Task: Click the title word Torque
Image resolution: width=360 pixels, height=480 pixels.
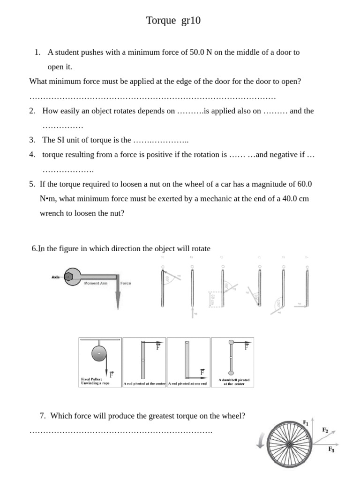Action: [x=161, y=21]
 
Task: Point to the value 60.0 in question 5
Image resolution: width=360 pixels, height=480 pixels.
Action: [x=302, y=184]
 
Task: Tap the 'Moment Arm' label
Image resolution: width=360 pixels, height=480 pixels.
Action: [x=96, y=284]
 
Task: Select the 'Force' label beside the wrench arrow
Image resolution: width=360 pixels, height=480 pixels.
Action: [x=126, y=284]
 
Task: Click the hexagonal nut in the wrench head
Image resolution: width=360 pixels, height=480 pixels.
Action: [x=69, y=277]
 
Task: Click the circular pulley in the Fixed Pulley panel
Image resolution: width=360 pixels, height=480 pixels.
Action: [x=99, y=353]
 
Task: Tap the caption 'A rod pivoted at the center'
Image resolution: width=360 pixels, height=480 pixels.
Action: [x=144, y=384]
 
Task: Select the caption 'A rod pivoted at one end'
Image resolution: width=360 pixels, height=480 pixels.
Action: [x=187, y=384]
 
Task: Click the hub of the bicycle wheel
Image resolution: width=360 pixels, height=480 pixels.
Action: [x=289, y=443]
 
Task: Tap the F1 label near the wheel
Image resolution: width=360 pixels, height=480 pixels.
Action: [x=306, y=422]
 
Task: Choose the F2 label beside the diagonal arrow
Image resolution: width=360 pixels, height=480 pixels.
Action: [x=325, y=429]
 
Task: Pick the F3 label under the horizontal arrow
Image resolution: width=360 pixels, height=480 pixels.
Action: [x=331, y=449]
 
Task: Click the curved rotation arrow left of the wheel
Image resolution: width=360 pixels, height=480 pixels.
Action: [x=261, y=440]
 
